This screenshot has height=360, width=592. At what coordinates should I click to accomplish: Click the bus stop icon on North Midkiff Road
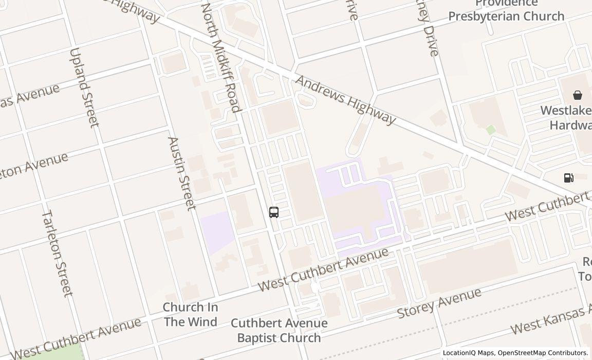click(x=274, y=212)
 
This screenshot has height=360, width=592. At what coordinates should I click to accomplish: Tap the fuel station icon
click(x=568, y=178)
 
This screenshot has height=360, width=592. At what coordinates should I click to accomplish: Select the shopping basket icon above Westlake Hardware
click(x=578, y=95)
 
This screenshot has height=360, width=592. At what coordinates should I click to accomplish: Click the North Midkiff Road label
click(x=220, y=58)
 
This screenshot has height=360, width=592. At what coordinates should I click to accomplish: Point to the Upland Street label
click(x=83, y=87)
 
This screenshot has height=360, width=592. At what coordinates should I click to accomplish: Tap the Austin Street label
click(x=182, y=173)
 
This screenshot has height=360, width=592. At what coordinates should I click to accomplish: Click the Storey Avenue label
click(x=439, y=303)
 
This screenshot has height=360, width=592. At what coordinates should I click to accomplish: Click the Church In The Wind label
click(x=190, y=314)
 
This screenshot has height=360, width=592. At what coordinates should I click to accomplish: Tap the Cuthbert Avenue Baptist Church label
click(x=279, y=330)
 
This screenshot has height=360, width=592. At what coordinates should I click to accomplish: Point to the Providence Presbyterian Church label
click(x=506, y=10)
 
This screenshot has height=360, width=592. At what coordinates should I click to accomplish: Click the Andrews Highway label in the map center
click(x=345, y=100)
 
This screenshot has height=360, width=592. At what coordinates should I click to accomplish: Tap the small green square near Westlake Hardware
click(x=491, y=130)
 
